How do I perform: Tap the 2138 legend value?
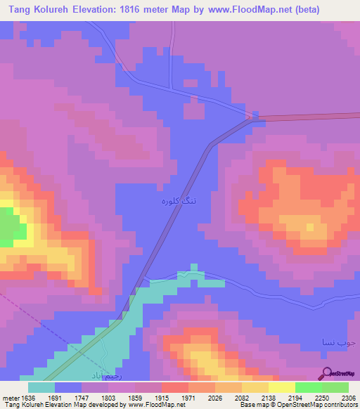point(269,397)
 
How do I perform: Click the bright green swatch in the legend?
point(309,387)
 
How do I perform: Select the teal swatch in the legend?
point(41,387)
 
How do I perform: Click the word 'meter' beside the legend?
point(11,397)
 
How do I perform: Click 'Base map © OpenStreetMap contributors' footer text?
point(297,405)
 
